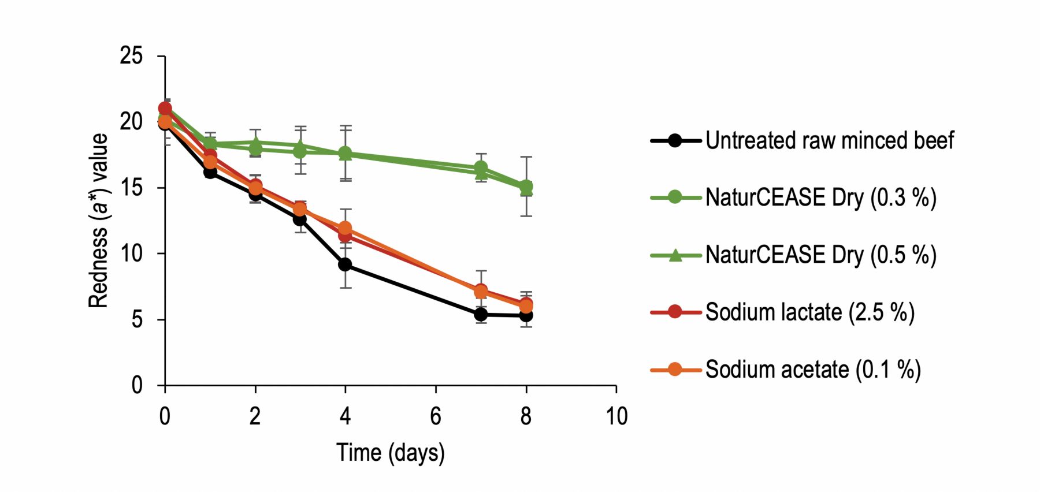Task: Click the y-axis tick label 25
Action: tap(131, 56)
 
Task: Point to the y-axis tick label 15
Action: tap(131, 188)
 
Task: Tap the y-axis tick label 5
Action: tap(137, 319)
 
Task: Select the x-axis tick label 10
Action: tap(616, 416)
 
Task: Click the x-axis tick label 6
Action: tap(436, 416)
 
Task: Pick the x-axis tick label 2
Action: tap(255, 416)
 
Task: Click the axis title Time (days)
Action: tap(391, 453)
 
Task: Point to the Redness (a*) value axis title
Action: tap(98, 221)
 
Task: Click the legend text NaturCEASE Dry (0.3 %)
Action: tap(820, 197)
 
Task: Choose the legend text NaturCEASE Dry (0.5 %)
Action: tap(820, 255)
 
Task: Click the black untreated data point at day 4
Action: tap(345, 264)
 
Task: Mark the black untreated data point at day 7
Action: tap(481, 314)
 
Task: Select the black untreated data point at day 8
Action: tap(526, 315)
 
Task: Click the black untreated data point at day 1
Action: tap(210, 172)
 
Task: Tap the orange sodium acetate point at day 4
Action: tap(345, 228)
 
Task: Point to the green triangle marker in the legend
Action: tap(675, 255)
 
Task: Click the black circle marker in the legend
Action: tap(675, 140)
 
